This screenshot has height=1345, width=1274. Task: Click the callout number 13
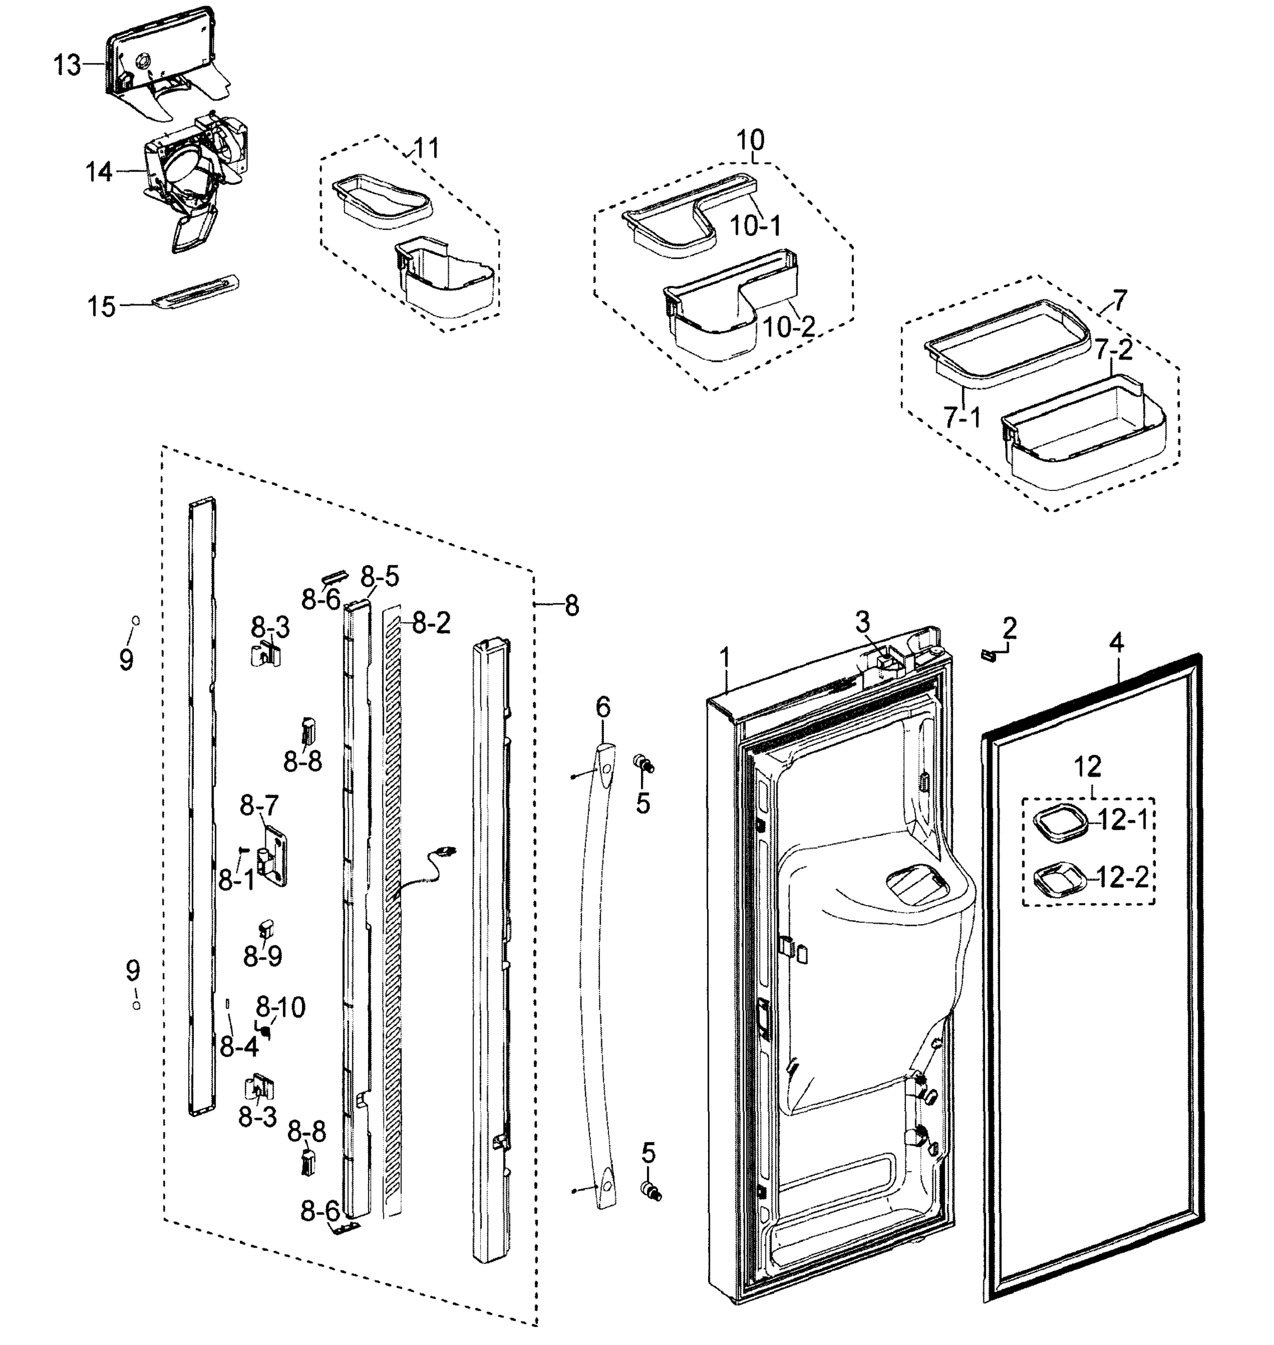(67, 66)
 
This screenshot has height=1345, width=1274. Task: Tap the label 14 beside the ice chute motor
(99, 172)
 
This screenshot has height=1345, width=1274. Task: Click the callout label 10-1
(755, 226)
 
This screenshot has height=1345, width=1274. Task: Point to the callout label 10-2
(788, 327)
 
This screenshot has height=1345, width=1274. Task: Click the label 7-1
(961, 418)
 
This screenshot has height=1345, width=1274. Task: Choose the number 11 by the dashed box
(426, 147)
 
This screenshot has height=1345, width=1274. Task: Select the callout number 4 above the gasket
(1117, 642)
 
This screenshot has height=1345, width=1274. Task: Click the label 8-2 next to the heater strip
(431, 623)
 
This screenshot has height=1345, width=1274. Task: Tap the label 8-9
(263, 957)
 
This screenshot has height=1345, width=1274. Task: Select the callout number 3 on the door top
(862, 620)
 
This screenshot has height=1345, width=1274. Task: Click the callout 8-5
(380, 577)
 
